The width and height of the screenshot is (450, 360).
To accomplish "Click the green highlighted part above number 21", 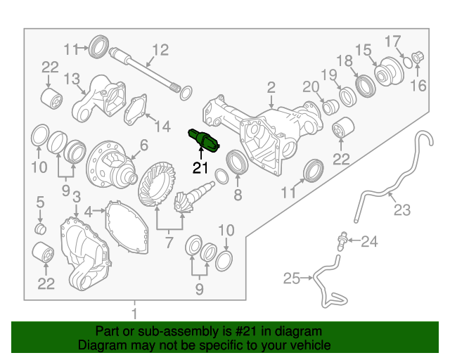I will click(x=203, y=140).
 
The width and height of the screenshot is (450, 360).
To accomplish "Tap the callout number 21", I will click(x=200, y=167).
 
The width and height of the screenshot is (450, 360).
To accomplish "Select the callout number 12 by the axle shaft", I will click(x=160, y=49).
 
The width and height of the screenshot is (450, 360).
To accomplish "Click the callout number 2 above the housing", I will click(x=271, y=87).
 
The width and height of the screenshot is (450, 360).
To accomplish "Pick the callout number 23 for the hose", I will click(x=401, y=210).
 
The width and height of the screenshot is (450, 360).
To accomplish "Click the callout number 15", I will click(x=363, y=49).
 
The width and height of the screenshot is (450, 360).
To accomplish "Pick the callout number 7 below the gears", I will click(x=169, y=243).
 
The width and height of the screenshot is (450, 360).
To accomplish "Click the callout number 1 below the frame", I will click(x=135, y=312).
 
